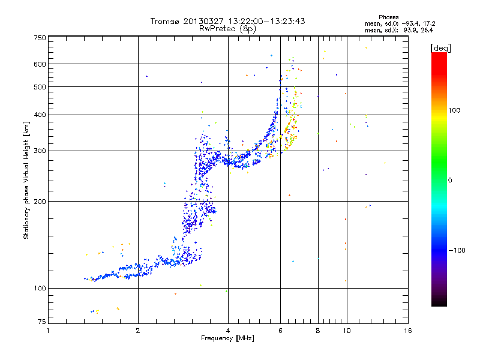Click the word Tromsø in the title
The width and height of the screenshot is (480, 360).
click(165, 21)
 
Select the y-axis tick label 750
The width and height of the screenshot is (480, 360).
click(40, 38)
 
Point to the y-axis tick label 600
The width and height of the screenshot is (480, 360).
click(40, 64)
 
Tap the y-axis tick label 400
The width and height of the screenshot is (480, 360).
click(40, 115)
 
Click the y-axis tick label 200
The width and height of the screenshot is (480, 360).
click(40, 202)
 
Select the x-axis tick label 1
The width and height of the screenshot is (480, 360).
click(49, 331)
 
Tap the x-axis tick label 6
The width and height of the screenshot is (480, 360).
click(280, 331)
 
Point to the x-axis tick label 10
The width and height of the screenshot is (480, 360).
click(346, 331)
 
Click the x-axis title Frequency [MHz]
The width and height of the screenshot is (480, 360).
click(228, 339)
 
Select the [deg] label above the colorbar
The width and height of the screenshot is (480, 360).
click(440, 48)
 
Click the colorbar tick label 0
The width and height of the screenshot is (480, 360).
click(450, 180)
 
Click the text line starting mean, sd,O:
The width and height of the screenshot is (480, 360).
click(399, 23)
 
